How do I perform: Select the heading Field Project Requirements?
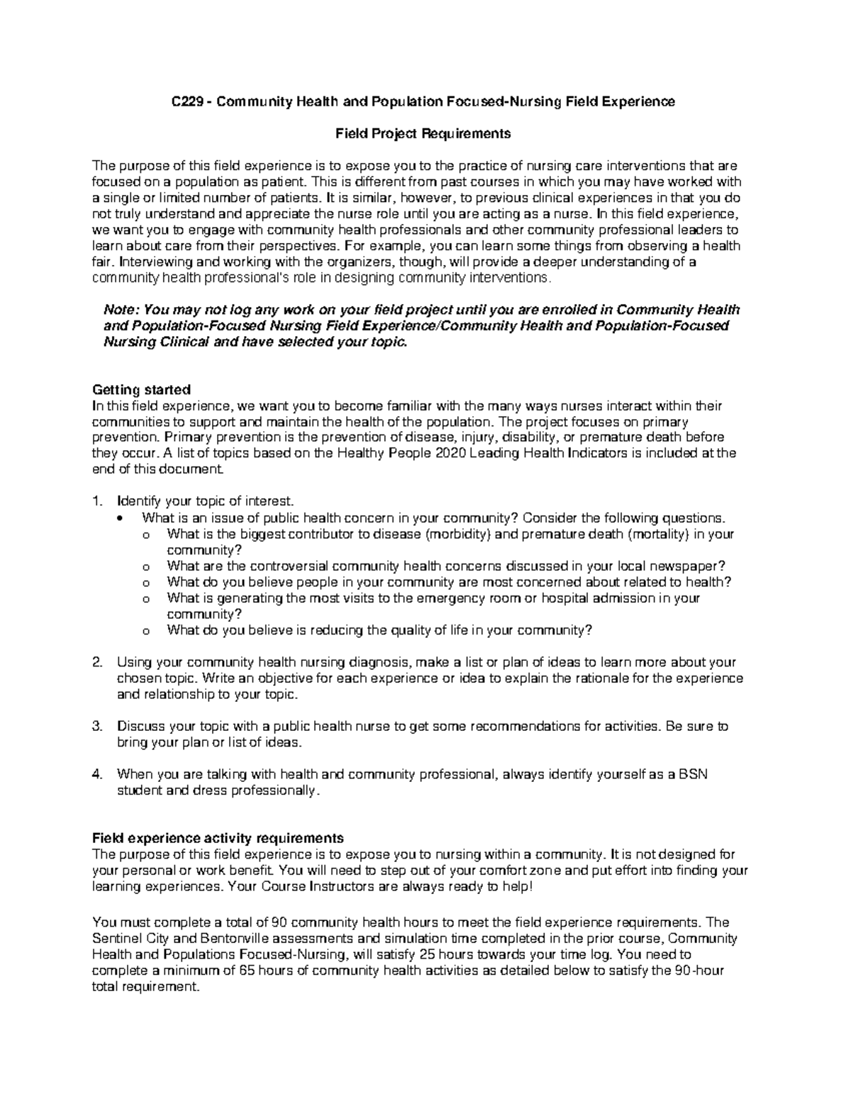423,133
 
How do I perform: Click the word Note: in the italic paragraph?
122,310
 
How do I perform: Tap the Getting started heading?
142,390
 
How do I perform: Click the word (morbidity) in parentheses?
457,534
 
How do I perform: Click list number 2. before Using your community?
98,662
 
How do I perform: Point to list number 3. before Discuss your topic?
98,726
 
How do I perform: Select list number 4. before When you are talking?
98,774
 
